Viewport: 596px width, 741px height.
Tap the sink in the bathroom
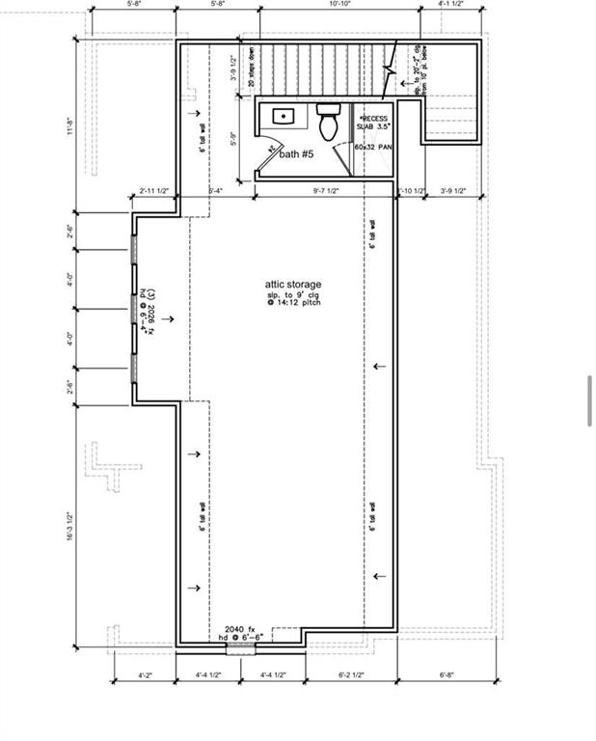coord(284,116)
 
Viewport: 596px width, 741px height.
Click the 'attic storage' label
coord(293,285)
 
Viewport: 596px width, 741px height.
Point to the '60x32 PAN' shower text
coord(372,147)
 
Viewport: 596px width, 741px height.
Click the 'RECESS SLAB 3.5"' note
coord(371,122)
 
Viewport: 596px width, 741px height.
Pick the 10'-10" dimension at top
coord(339,5)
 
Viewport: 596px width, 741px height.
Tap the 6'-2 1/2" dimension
coord(351,675)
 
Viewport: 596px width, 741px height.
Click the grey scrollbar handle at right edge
coord(589,399)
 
